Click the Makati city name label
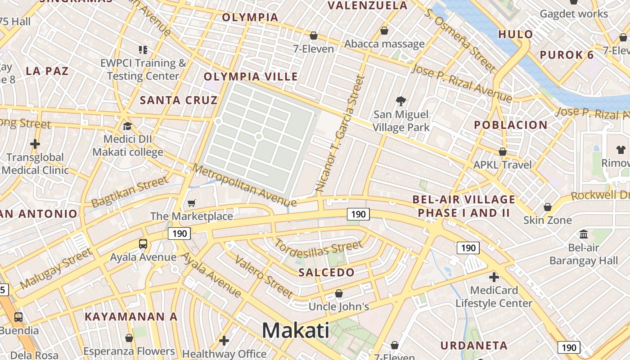point(296,331)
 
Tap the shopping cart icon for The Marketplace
point(192,203)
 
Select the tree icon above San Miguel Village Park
point(400,101)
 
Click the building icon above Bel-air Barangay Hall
point(584,234)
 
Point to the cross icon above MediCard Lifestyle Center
point(494,277)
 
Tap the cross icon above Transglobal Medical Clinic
point(35,144)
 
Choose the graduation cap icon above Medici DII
point(127,126)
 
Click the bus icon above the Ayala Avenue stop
point(143,244)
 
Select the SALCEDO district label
point(327,272)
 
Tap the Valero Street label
point(264,277)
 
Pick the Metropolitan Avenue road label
point(244,184)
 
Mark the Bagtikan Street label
point(129,192)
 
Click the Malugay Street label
point(56,269)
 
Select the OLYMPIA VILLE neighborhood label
point(251,76)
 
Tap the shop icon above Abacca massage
point(384,31)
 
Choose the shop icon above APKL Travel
point(502,152)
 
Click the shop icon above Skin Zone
point(548,207)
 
